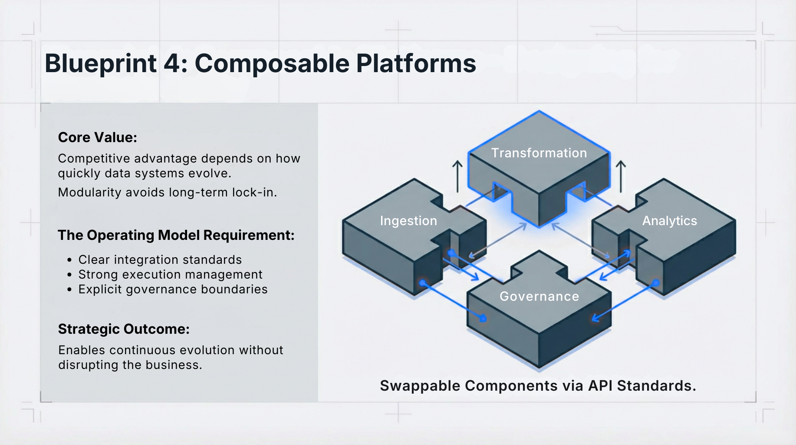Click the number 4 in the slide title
click(x=173, y=64)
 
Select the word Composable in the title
click(x=272, y=64)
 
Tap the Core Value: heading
click(x=98, y=137)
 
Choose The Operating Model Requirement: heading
click(x=176, y=235)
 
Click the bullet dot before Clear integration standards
click(x=69, y=260)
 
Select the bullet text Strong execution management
click(x=170, y=275)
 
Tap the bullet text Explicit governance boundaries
click(x=173, y=289)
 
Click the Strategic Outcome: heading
click(x=124, y=329)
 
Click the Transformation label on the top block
click(x=539, y=153)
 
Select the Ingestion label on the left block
click(x=408, y=221)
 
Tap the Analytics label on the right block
click(x=669, y=221)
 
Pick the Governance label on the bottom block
click(x=539, y=296)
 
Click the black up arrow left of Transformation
click(x=457, y=176)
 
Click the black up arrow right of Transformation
click(x=621, y=176)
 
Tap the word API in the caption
click(x=600, y=386)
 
